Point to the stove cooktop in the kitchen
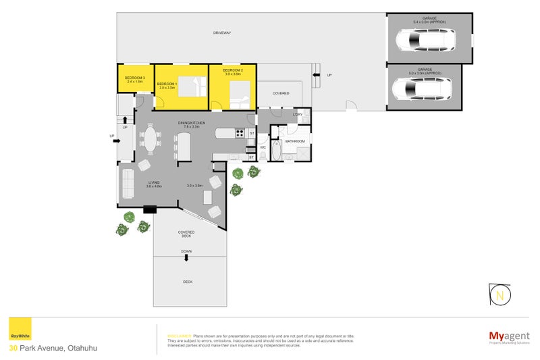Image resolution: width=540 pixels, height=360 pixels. pos(240,134)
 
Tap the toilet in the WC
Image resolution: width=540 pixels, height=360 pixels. pos(263,154)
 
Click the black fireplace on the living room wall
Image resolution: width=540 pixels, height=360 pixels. pos(150,209)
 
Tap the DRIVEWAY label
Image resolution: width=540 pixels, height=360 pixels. pos(222,32)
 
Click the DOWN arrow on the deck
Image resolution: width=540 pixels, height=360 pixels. pos(186,257)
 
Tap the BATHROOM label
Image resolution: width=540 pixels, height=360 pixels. pos(295,141)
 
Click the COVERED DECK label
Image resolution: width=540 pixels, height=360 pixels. pos(186,234)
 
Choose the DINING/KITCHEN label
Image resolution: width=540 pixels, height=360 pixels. pos(188,123)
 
